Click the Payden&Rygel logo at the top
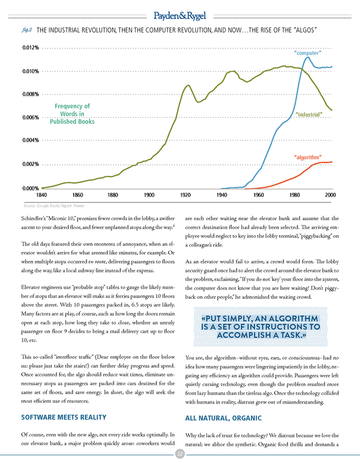click(x=179, y=16)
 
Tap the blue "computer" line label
click(x=308, y=53)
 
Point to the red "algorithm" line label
click(x=308, y=157)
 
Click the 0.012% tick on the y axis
click(x=30, y=48)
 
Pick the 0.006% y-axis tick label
click(x=30, y=118)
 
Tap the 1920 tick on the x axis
click(x=186, y=195)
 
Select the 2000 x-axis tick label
click(x=330, y=195)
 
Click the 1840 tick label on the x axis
click(x=42, y=195)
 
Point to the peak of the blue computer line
click(x=308, y=57)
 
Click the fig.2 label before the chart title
click(x=27, y=30)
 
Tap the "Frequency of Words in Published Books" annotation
click(x=72, y=114)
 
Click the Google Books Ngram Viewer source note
click(x=54, y=205)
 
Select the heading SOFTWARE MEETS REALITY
click(x=64, y=417)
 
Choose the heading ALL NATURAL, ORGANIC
click(x=223, y=418)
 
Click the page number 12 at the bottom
click(x=179, y=454)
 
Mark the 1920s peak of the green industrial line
click(x=188, y=86)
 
